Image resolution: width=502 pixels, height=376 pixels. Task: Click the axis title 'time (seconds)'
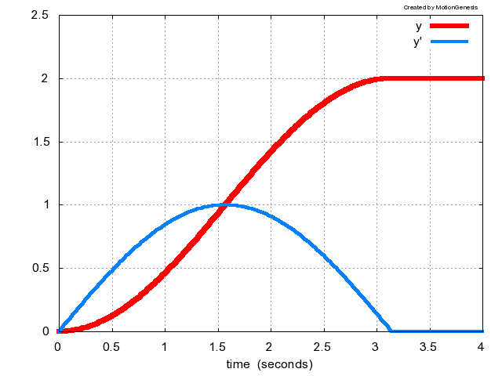click(269, 364)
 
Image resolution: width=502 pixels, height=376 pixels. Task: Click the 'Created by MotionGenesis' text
click(440, 7)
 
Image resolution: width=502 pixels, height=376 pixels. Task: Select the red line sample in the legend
click(449, 27)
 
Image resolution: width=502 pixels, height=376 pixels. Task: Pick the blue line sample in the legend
click(449, 41)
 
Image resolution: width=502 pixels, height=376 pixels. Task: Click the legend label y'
click(418, 42)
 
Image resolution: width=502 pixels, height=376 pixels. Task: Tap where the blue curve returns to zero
click(391, 331)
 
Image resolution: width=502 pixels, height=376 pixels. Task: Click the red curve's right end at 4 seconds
click(482, 78)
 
